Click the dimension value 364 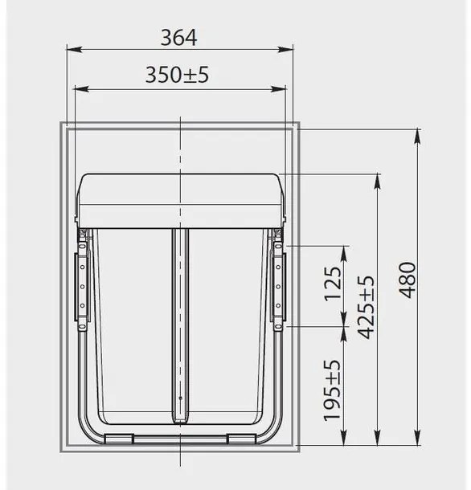(x=178, y=37)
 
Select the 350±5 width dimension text (x=178, y=76)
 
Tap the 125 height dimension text (x=334, y=284)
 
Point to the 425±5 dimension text (x=366, y=308)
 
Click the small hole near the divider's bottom (x=181, y=398)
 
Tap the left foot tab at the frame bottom (x=119, y=437)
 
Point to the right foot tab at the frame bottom (x=240, y=437)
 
